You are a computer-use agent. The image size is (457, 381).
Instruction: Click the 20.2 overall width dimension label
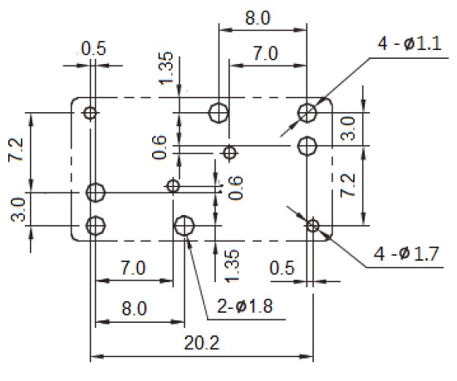[202, 343]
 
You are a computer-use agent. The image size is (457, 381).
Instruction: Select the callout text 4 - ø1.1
[410, 44]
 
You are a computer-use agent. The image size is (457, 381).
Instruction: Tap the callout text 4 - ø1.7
[406, 253]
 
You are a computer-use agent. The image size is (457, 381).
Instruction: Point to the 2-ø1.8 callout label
[245, 306]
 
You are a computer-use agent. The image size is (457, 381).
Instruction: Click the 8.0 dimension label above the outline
[258, 18]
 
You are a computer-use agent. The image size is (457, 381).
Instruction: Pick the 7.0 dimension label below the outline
[133, 268]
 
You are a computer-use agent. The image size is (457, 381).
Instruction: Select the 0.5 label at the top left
[94, 48]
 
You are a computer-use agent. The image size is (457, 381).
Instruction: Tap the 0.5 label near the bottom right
[283, 268]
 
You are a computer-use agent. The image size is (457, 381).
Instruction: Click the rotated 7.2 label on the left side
[16, 149]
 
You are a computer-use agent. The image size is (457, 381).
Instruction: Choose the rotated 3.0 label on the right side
[348, 129]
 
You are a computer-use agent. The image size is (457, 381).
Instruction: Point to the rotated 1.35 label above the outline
[166, 68]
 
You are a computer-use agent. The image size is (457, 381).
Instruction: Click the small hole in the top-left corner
[90, 113]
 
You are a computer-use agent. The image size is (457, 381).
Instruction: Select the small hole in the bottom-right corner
[313, 226]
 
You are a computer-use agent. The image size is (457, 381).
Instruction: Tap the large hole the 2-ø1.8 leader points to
[184, 226]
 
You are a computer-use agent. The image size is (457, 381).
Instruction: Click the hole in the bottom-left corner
[96, 226]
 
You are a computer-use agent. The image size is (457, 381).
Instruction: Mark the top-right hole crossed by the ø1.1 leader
[307, 113]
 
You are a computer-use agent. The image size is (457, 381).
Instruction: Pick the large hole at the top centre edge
[219, 113]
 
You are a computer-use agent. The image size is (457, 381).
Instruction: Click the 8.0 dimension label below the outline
[135, 309]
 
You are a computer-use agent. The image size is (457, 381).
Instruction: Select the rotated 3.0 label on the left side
[17, 209]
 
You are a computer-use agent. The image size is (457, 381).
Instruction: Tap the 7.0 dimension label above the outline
[266, 54]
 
